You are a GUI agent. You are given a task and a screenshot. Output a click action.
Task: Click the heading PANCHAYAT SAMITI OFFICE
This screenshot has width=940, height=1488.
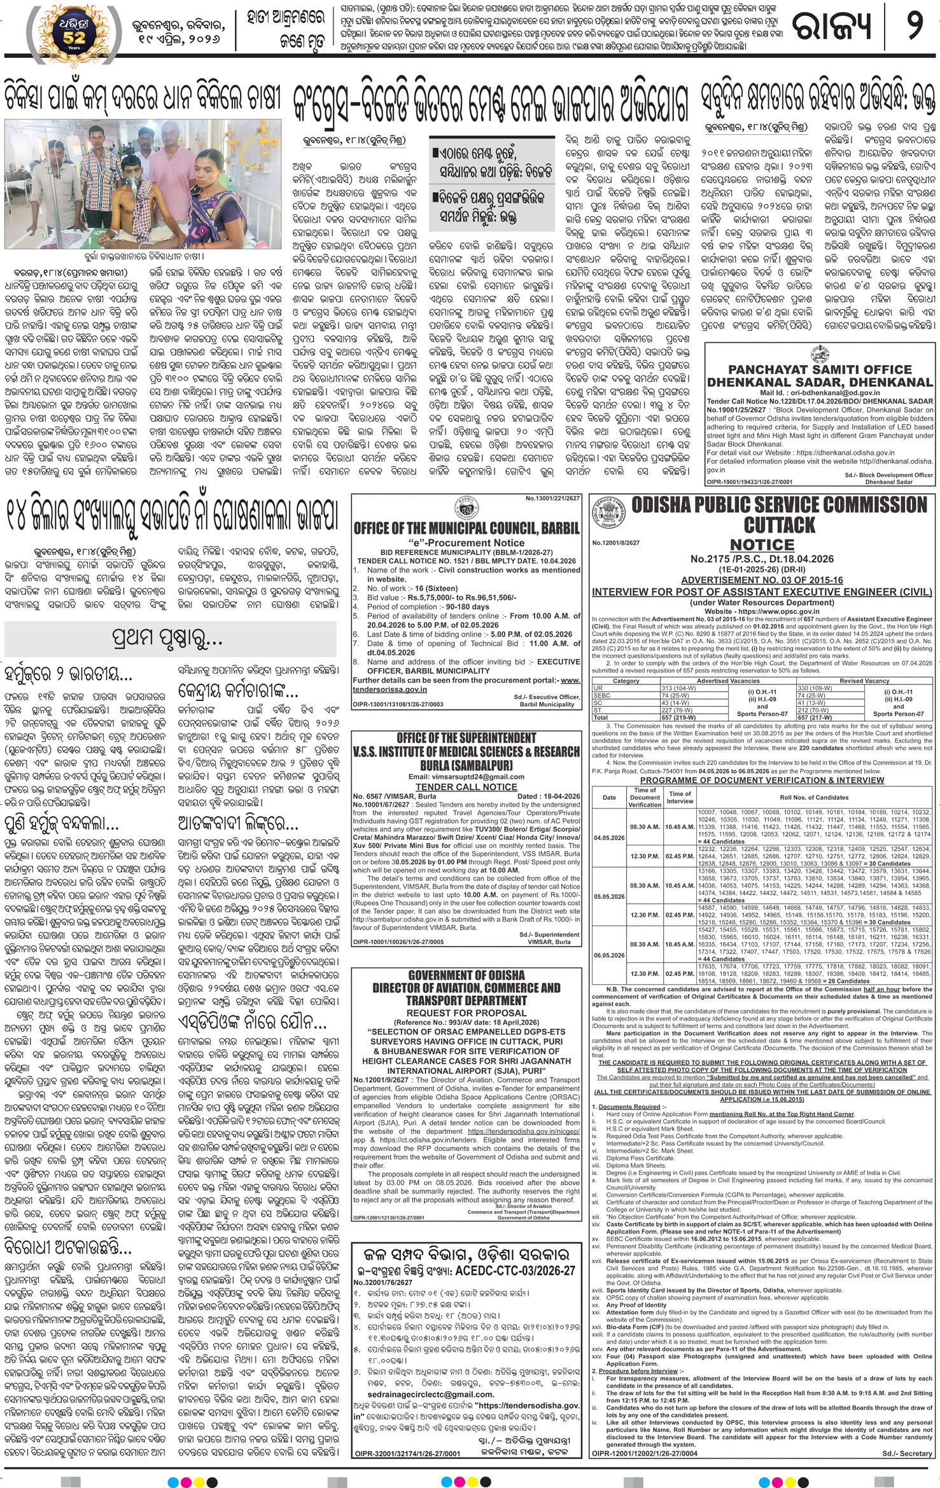point(819,369)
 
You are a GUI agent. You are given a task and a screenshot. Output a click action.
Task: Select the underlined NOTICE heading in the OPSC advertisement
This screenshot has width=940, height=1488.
point(762,545)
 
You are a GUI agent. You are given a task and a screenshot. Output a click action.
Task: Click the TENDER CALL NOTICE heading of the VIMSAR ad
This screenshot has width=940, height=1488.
point(466,787)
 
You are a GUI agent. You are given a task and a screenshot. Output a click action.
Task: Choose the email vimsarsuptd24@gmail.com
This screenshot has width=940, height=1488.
point(466,777)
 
